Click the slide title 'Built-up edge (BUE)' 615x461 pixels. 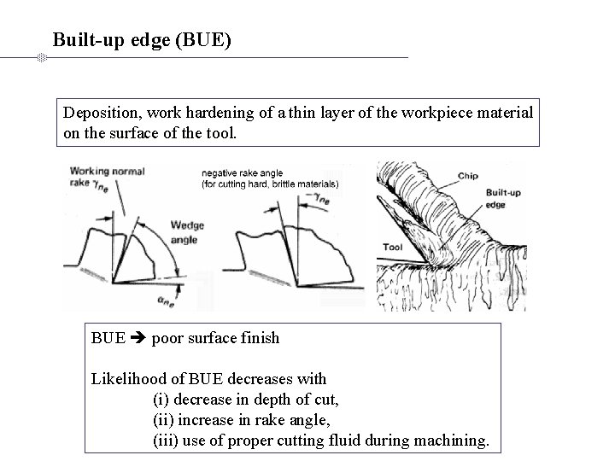pos(142,39)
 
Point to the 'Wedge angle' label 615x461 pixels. pos(187,233)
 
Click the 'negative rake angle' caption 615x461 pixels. pos(243,173)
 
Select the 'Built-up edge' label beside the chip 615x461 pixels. pos(504,198)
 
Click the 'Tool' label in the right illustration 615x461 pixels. pos(393,248)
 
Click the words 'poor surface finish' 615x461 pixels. pos(215,338)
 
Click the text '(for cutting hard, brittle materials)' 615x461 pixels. pos(270,184)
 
